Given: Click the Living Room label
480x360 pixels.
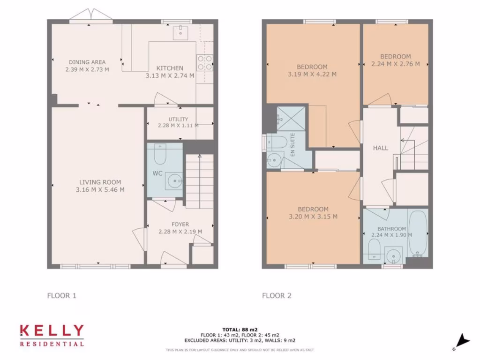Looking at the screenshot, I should point(100,182).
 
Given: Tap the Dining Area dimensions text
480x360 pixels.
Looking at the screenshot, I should point(87,69).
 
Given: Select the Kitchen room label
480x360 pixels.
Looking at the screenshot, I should point(170,68).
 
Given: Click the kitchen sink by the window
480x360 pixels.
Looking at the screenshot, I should point(180,32).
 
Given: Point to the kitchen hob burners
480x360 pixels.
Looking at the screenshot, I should point(205,63).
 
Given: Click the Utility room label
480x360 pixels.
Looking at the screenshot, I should point(178,119).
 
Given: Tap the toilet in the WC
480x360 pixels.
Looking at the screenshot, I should point(160,155).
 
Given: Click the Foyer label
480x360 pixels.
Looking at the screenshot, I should point(180,224).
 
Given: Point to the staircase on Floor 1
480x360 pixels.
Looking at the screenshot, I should point(200,180).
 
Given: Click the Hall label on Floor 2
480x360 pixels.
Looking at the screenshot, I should point(381,148).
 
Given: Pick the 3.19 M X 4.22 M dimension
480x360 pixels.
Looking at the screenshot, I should point(312,74).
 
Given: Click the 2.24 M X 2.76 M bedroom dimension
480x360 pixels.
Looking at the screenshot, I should point(396,64).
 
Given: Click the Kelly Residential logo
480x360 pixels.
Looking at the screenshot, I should point(52,335).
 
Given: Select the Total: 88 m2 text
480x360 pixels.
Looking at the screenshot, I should point(240,330).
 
